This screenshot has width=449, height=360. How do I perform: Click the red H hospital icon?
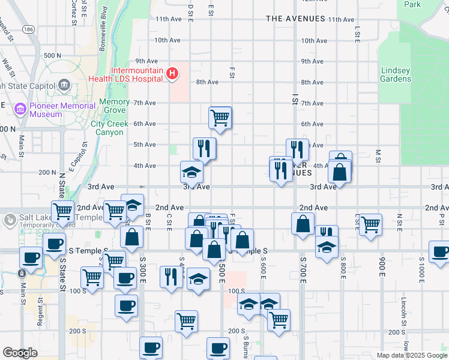tap(172, 74)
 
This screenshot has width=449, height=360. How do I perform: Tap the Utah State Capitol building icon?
tap(64, 86)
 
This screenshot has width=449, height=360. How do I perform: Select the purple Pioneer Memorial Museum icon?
tap(20, 110)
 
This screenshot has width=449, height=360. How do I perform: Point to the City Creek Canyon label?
tap(110, 128)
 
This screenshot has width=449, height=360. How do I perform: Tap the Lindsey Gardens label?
tap(396, 74)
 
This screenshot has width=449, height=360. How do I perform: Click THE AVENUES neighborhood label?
tap(295, 19)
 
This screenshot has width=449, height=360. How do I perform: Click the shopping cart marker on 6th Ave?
tap(220, 117)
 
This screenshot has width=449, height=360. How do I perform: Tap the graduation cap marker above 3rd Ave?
tap(192, 173)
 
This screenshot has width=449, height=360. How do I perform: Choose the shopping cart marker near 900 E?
tap(370, 224)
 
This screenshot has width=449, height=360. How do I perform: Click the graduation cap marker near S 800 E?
tap(327, 247)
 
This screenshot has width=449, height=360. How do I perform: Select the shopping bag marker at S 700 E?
tap(303, 223)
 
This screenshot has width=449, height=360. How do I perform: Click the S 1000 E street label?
tap(421, 273)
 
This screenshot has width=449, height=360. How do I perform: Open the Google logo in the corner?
tap(20, 353)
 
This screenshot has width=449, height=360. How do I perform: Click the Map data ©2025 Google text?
tap(411, 355)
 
